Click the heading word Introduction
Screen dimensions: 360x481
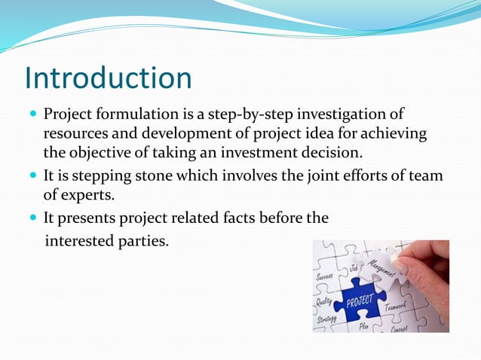[108, 78]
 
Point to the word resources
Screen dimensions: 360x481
[75, 134]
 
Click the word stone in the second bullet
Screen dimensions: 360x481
[136, 176]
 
